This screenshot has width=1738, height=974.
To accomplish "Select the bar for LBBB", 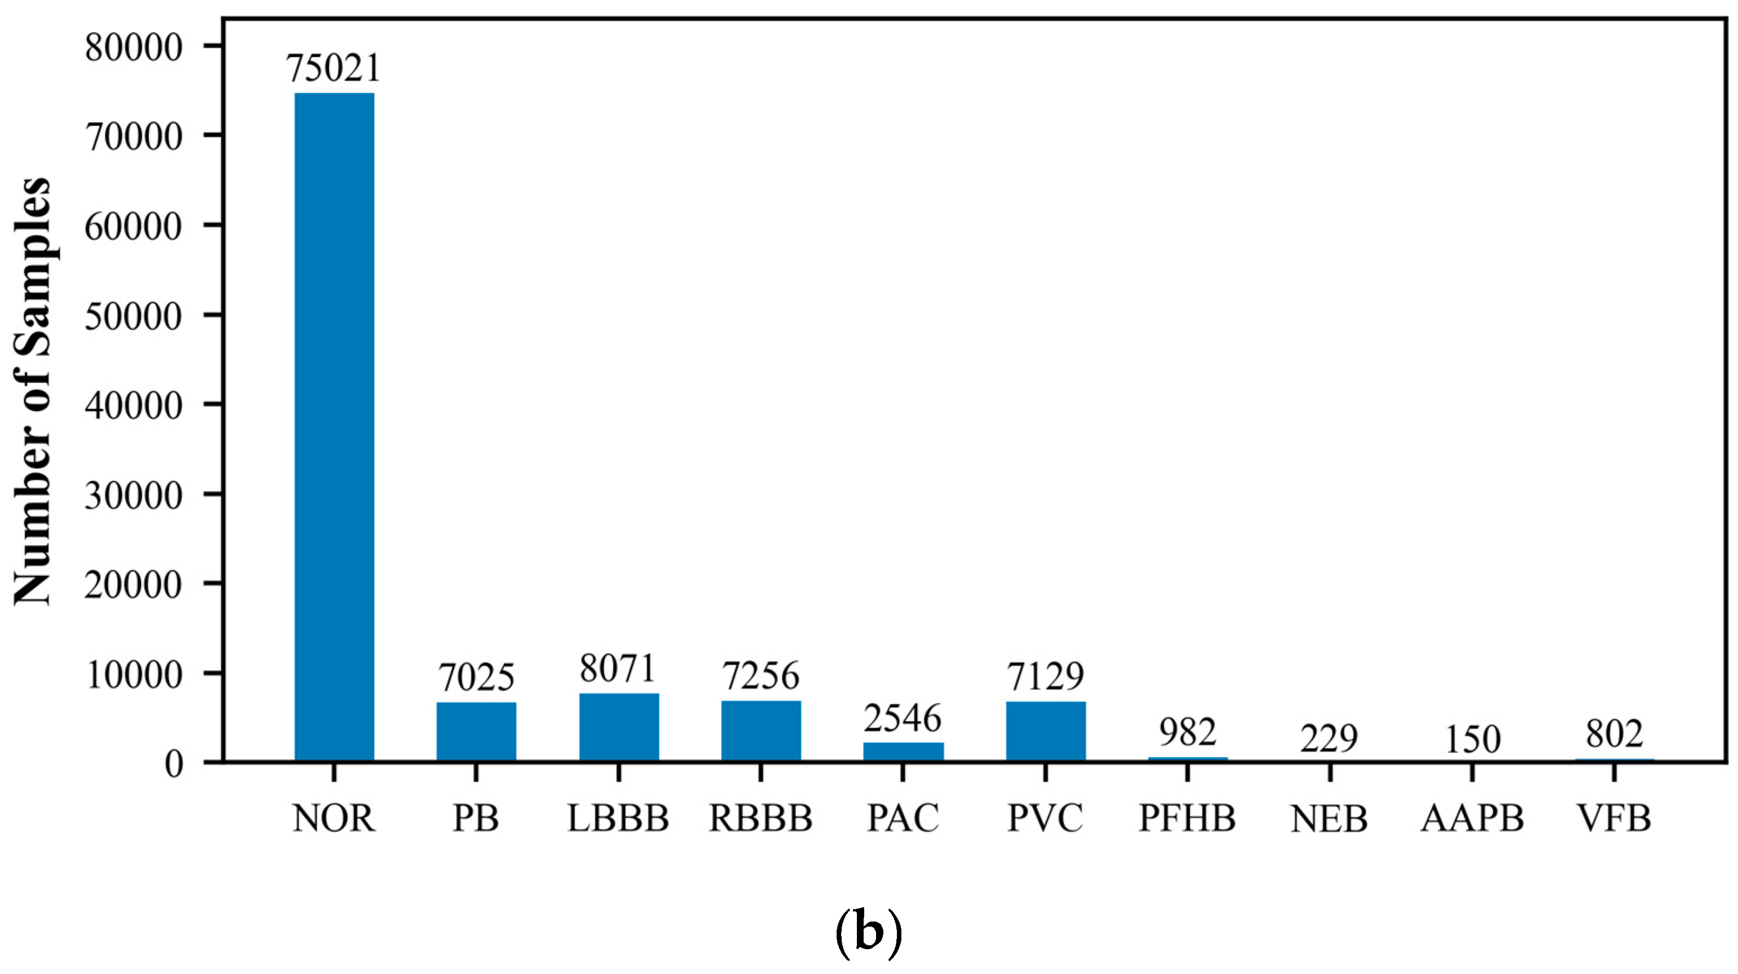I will pyautogui.click(x=619, y=727).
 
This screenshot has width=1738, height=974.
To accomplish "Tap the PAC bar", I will pyautogui.click(x=904, y=751).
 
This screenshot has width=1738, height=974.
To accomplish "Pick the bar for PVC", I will pyautogui.click(x=1046, y=731).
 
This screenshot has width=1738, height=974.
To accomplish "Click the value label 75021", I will pyautogui.click(x=334, y=68).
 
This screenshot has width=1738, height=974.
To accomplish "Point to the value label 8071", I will pyautogui.click(x=618, y=669).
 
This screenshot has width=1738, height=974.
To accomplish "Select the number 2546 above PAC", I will pyautogui.click(x=903, y=718).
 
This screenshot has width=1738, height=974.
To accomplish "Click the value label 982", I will pyautogui.click(x=1188, y=732).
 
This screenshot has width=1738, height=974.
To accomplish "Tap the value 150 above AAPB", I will pyautogui.click(x=1472, y=739).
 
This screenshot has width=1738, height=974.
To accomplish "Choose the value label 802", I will pyautogui.click(x=1615, y=734).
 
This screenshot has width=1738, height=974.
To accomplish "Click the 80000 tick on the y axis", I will pyautogui.click(x=134, y=47).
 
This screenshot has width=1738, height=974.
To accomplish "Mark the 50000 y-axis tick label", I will pyautogui.click(x=134, y=316).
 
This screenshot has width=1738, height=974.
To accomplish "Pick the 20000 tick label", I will pyautogui.click(x=134, y=585).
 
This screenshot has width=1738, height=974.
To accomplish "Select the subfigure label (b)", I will pyautogui.click(x=868, y=933).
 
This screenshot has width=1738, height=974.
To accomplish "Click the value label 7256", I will pyautogui.click(x=761, y=676).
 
